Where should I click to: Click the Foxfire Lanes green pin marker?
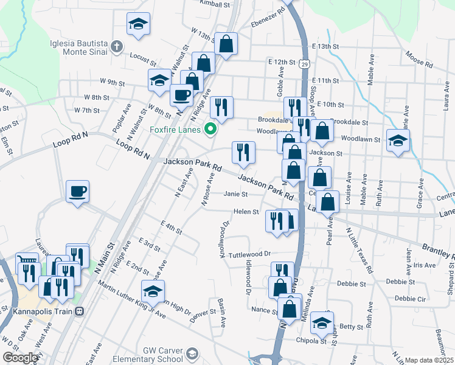211,128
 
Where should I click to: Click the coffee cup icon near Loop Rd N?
78,192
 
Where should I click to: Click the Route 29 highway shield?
305,63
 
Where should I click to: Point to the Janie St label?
235,194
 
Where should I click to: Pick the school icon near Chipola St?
322,323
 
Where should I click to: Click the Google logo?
20,358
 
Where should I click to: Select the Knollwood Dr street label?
224,238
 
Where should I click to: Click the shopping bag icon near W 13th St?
226,44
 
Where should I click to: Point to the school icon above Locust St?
138,24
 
